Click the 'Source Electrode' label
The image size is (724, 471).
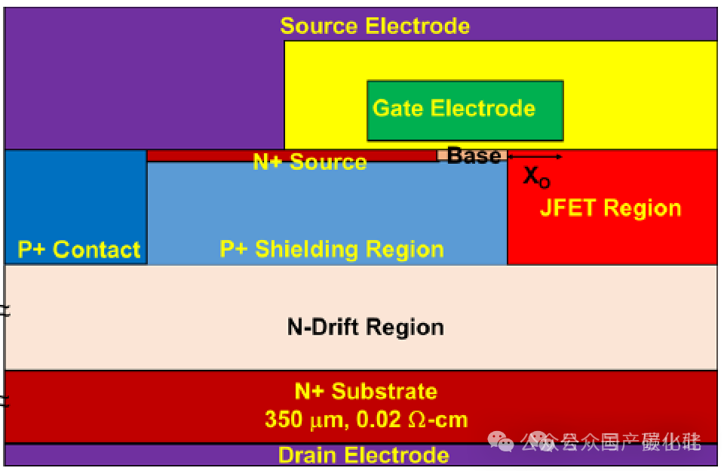(375, 26)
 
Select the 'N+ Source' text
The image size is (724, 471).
(309, 162)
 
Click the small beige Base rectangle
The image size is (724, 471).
(442, 155)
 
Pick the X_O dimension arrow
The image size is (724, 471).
(535, 156)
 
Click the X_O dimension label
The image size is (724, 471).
(536, 177)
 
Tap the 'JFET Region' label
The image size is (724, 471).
(610, 208)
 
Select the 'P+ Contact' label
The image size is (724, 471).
(78, 250)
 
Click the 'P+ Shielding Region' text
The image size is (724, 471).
(331, 249)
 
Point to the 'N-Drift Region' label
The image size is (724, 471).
(365, 327)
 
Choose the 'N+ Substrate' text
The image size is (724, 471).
(365, 391)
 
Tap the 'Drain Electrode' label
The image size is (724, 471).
(364, 455)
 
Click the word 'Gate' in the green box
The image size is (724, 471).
(398, 108)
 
